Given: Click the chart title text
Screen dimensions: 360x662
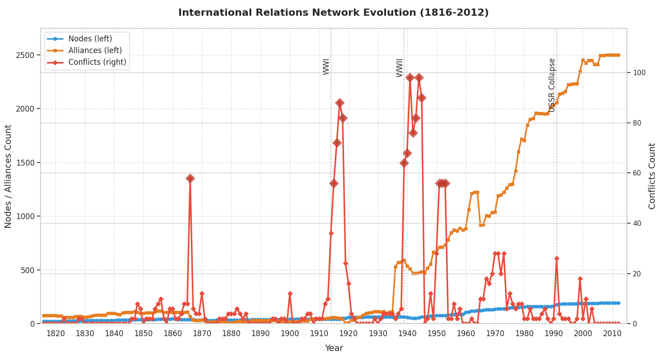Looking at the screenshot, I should tap(333, 13).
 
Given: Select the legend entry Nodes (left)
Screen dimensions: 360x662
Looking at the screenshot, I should tap(90, 39).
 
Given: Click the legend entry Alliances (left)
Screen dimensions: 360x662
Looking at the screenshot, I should tap(95, 50).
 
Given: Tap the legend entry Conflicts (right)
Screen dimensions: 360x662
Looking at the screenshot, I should tap(97, 62).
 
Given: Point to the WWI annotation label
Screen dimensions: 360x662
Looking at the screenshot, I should tap(326, 67).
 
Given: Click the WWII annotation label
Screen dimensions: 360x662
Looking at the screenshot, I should tap(400, 67).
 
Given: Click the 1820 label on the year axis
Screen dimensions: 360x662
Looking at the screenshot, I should tap(56, 333).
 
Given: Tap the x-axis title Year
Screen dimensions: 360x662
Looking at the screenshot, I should tap(334, 348).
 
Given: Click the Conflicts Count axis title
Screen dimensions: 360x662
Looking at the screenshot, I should tap(652, 176).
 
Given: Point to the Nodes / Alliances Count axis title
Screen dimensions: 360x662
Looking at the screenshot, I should tap(9, 176).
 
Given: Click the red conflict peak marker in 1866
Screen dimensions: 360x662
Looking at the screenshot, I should tap(190, 178).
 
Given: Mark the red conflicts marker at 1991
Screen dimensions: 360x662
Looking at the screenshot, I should tap(557, 258).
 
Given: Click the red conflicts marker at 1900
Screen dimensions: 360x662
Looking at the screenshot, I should tap(290, 293).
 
